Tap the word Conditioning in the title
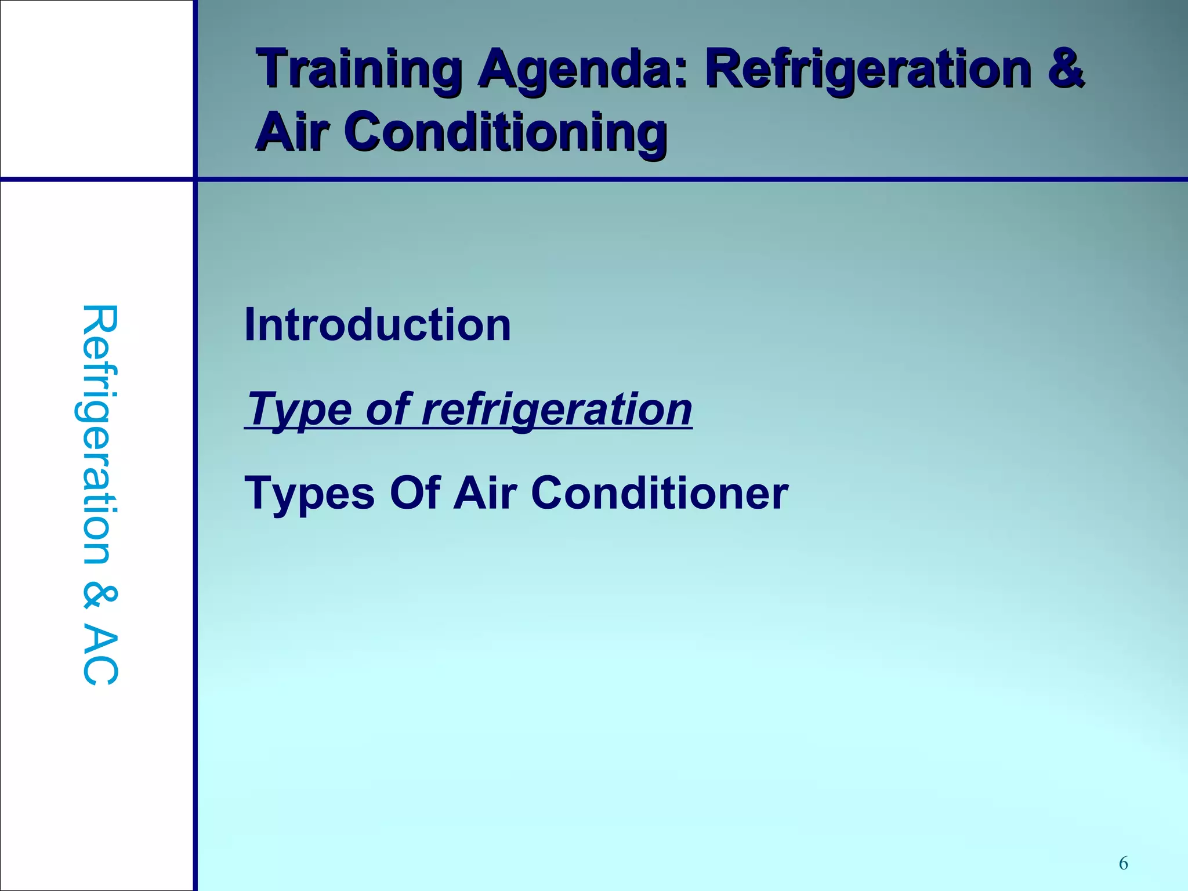505,132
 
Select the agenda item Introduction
378,325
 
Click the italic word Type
299,410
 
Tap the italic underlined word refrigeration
556,410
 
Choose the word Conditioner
659,493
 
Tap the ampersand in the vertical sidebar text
100,597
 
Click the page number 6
1123,864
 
